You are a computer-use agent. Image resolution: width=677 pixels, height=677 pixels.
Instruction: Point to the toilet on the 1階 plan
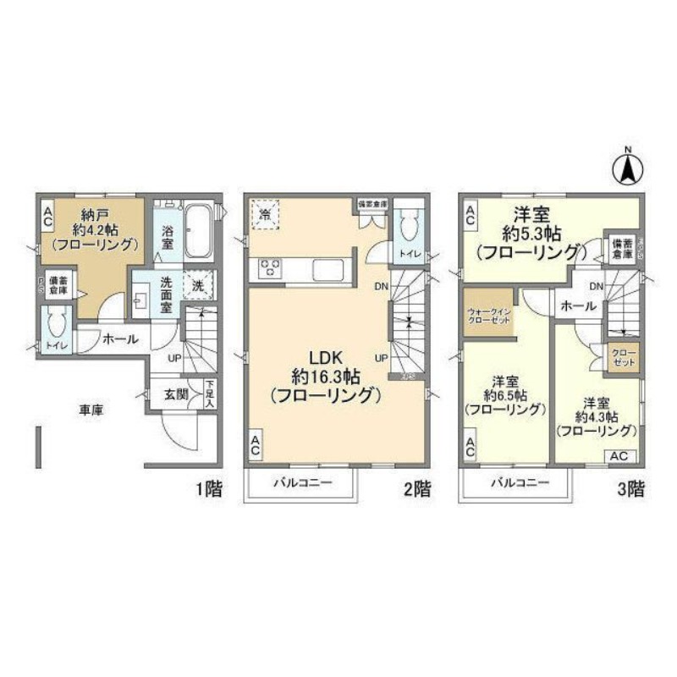pyautogui.click(x=57, y=325)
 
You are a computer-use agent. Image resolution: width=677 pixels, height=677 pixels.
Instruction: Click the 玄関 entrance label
pyautogui.click(x=176, y=394)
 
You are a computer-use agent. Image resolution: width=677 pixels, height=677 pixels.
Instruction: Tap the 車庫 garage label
pyautogui.click(x=91, y=410)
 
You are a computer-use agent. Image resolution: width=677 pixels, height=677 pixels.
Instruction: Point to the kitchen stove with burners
pyautogui.click(x=271, y=269)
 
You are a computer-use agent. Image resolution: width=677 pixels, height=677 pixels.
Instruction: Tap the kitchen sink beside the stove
pyautogui.click(x=328, y=270)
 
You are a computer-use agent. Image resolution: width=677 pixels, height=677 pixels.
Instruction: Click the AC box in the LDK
pyautogui.click(x=255, y=446)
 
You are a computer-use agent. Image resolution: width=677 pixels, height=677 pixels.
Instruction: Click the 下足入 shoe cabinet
pyautogui.click(x=210, y=393)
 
